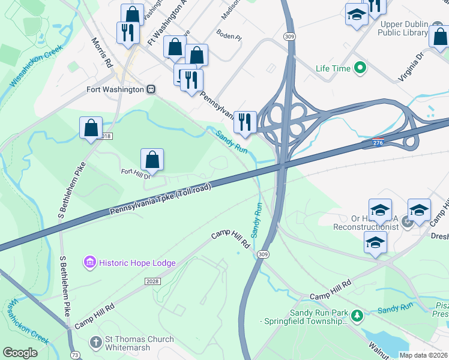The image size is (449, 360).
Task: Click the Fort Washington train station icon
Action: click(152, 89)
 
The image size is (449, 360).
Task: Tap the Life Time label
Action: click(333, 68)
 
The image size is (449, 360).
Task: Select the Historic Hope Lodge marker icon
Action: click(90, 262)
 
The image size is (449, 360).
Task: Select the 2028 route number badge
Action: click(152, 281)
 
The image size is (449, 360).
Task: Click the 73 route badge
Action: click(73, 355)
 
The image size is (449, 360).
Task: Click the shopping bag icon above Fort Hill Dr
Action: click(152, 160)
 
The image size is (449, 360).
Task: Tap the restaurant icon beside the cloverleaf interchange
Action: click(245, 122)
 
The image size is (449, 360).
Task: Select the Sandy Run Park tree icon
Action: click(357, 315)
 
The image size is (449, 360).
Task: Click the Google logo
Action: click(20, 353)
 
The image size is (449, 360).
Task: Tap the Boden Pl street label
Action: click(229, 36)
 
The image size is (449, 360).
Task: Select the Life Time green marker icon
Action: click(361, 68)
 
